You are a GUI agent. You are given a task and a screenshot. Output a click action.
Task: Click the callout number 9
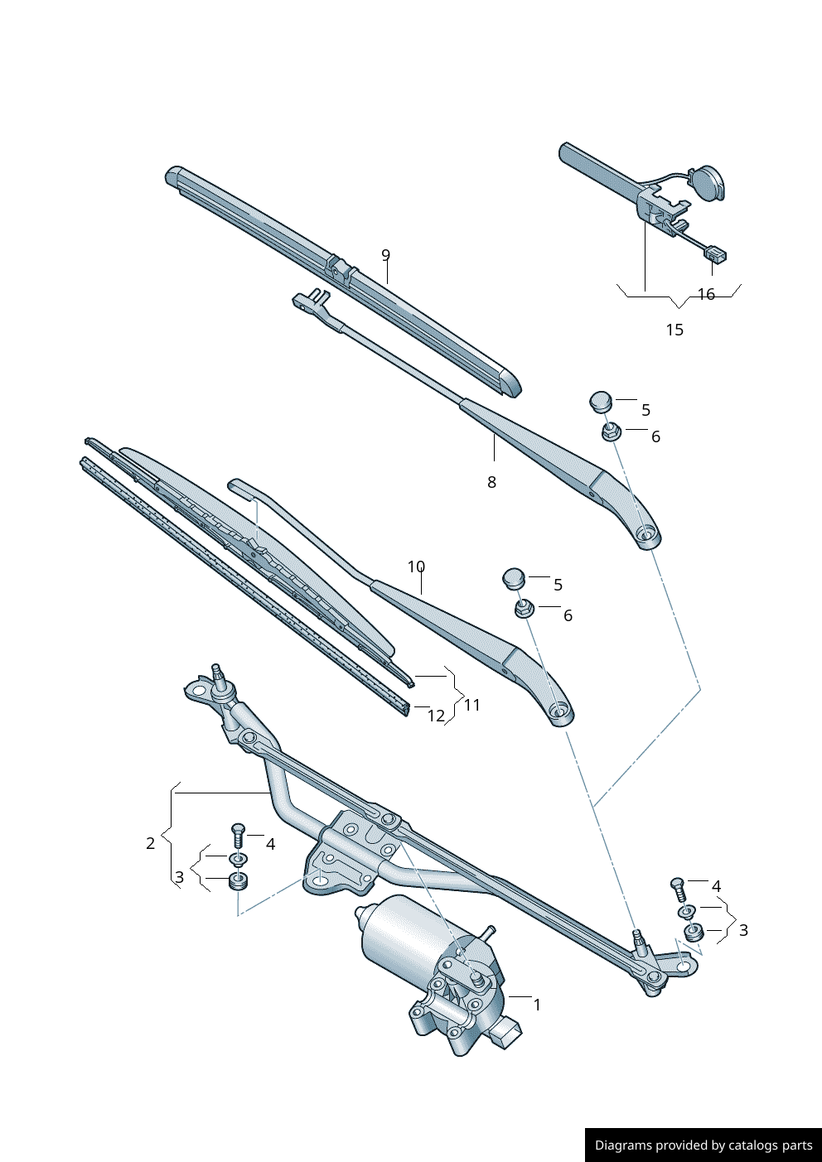pos(385,255)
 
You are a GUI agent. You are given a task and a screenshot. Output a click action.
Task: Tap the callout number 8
pos(491,482)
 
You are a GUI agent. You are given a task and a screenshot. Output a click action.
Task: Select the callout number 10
pos(416,567)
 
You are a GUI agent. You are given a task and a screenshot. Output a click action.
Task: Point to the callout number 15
pos(675,330)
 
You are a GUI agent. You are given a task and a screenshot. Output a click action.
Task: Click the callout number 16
pos(706,294)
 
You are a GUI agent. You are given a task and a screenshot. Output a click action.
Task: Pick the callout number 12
pos(436,716)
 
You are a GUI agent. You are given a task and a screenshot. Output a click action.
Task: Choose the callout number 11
pos(471,705)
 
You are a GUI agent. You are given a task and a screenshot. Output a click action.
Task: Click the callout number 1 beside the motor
pos(537,1005)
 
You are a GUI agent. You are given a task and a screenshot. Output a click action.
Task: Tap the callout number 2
pos(150,843)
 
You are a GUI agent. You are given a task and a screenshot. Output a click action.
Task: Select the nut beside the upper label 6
pos(611,431)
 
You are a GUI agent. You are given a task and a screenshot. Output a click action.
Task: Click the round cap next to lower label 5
pos(514,577)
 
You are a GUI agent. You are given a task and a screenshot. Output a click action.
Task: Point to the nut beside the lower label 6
pos(524,610)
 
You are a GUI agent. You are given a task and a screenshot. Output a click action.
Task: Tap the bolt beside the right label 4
pos(677,890)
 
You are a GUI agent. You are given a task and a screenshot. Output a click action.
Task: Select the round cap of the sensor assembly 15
pos(707,183)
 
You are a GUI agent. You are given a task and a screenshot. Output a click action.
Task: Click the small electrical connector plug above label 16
pos(716,255)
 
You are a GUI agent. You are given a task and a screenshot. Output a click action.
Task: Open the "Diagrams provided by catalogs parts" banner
pos(703,1145)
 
